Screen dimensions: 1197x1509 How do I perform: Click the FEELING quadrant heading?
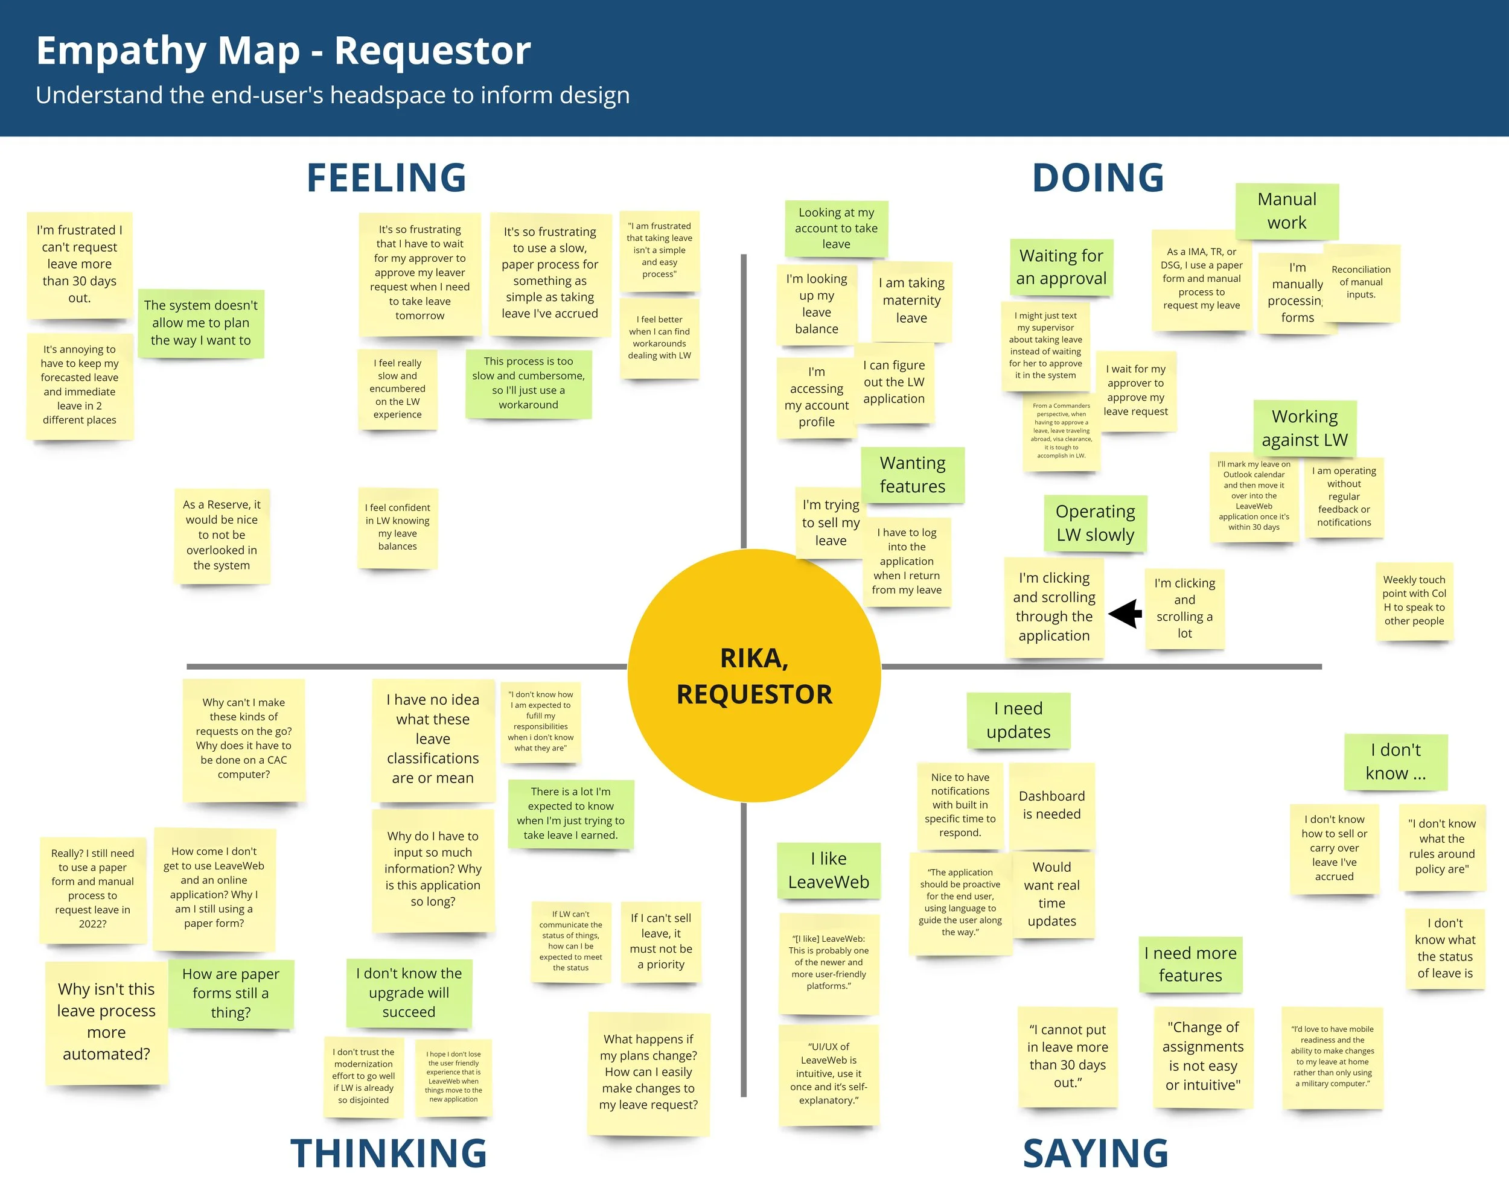[x=386, y=178]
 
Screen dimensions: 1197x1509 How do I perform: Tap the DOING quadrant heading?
[x=1097, y=178]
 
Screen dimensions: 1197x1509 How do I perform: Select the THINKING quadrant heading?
[x=389, y=1153]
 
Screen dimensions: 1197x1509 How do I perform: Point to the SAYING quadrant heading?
[x=1096, y=1153]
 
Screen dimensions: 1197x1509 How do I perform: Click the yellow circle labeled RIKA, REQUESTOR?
[x=754, y=676]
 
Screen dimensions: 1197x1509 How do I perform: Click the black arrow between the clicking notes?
[x=1125, y=614]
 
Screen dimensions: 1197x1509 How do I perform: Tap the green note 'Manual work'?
[x=1286, y=211]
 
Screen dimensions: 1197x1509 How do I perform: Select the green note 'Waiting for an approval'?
[x=1061, y=267]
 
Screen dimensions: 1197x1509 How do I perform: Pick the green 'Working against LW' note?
[x=1304, y=427]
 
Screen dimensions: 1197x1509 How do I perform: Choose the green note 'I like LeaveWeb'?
[x=829, y=870]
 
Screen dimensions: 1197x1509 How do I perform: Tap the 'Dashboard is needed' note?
[x=1051, y=804]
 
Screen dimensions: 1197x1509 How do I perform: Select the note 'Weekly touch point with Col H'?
[x=1414, y=600]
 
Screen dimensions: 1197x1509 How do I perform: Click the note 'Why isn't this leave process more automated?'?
[x=106, y=1021]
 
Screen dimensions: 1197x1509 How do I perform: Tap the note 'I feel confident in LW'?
[x=398, y=527]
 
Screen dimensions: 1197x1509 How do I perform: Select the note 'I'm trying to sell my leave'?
[x=830, y=522]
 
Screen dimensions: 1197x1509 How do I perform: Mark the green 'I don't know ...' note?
[x=1396, y=761]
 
